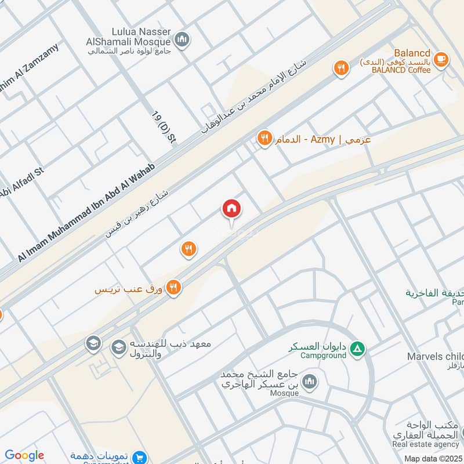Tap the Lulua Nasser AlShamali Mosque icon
(x=183, y=39)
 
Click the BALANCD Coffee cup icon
(x=441, y=59)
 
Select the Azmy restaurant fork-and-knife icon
(x=265, y=139)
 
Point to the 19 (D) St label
(x=164, y=126)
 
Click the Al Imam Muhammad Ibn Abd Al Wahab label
(x=87, y=212)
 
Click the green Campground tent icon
(x=359, y=348)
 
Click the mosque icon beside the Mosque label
(x=310, y=381)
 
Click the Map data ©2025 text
(x=433, y=458)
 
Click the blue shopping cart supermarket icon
(x=139, y=458)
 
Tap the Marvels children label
(x=435, y=356)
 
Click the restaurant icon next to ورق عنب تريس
(x=173, y=287)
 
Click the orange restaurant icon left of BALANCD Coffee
(x=341, y=69)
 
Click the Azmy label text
(x=323, y=139)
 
